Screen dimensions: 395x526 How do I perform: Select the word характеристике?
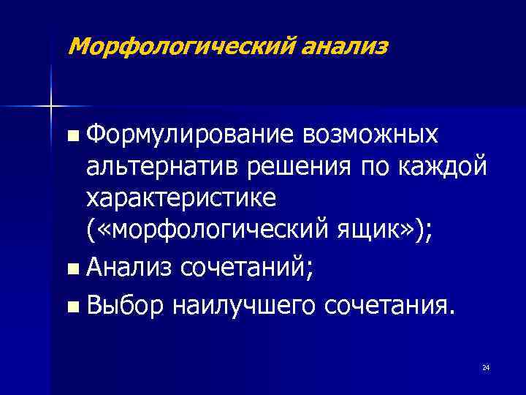click(x=180, y=200)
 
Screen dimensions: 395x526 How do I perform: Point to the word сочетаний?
click(x=240, y=270)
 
